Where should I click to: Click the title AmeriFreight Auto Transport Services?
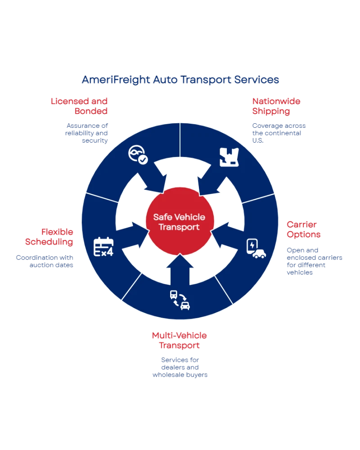click(180, 80)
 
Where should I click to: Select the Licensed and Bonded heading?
click(80, 105)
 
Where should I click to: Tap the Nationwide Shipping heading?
click(276, 105)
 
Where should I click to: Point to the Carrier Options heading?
click(303, 229)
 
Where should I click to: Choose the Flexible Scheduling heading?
click(50, 236)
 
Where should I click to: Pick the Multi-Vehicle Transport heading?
click(180, 341)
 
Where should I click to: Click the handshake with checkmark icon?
click(137, 155)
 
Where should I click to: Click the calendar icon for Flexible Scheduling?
click(103, 247)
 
